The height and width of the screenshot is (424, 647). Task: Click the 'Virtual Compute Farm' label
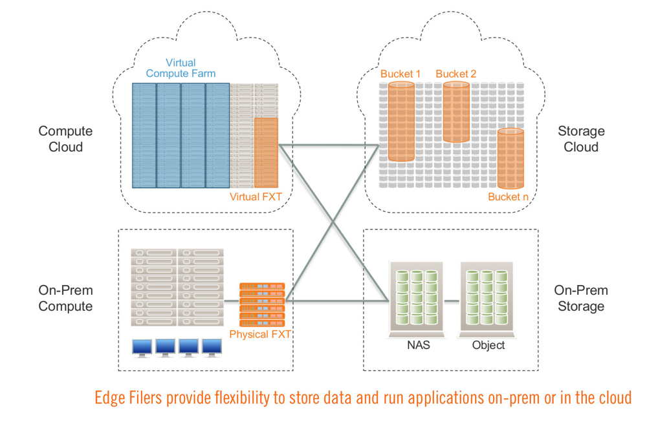[181, 68]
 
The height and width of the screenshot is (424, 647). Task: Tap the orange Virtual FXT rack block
[266, 153]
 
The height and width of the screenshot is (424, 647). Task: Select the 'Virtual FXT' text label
[256, 197]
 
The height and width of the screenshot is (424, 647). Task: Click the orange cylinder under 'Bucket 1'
[401, 121]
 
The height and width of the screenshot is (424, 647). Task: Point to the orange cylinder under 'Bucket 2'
[456, 112]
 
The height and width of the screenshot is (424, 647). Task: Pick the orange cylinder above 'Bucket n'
[510, 158]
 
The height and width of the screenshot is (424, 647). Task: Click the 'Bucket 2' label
[456, 74]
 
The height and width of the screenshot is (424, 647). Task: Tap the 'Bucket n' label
[508, 197]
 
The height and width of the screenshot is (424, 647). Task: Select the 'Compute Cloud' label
[65, 139]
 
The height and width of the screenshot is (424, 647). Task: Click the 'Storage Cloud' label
[581, 139]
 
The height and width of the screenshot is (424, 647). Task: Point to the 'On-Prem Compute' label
[65, 299]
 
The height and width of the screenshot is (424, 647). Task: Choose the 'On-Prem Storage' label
[581, 299]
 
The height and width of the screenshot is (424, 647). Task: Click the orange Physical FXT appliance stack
[262, 304]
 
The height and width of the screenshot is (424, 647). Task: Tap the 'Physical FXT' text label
[260, 334]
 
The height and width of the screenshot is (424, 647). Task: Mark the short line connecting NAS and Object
[452, 301]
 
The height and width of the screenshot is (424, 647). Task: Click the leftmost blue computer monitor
[142, 348]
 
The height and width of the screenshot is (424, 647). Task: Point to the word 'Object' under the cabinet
[488, 345]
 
